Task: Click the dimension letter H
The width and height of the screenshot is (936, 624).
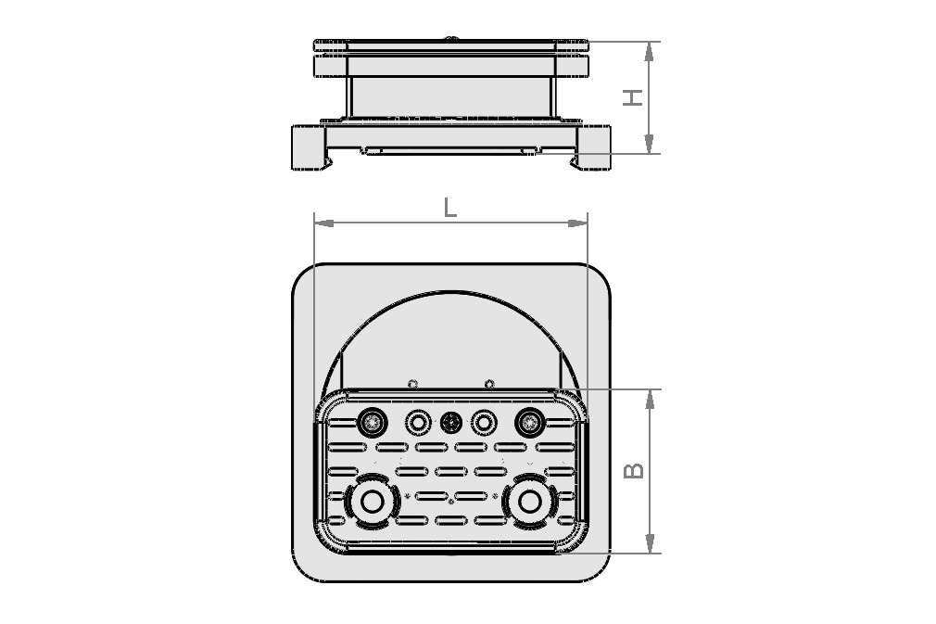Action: (633, 96)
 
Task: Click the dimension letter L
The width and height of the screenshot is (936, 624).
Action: (449, 207)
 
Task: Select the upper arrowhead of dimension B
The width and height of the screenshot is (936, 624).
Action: (650, 398)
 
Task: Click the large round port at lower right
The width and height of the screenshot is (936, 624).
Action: (530, 502)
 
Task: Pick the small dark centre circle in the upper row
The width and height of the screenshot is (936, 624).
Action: (451, 423)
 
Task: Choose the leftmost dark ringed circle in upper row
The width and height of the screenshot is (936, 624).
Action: (373, 423)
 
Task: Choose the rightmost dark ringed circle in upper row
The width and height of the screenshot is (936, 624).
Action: (529, 423)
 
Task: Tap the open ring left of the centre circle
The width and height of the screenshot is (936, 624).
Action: (418, 423)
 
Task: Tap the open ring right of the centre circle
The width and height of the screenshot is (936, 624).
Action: (484, 423)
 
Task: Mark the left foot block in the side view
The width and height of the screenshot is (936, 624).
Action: (308, 148)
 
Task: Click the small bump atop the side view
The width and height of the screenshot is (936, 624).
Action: (452, 39)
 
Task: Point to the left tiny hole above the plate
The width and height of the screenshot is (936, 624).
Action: (413, 383)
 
